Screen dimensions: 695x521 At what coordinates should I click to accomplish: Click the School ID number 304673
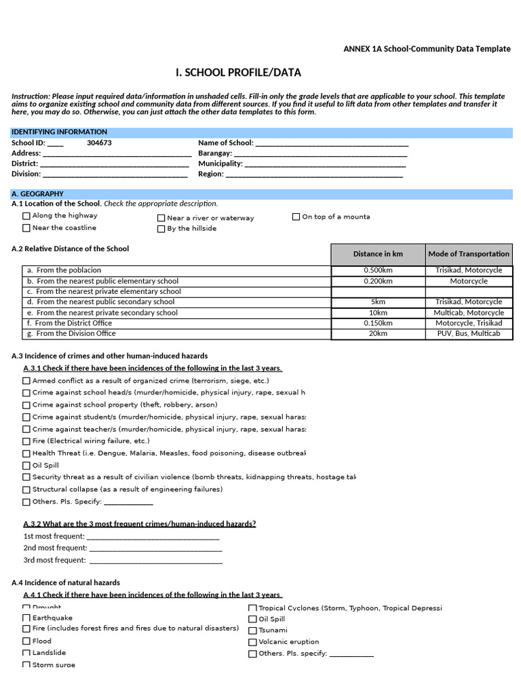click(x=99, y=143)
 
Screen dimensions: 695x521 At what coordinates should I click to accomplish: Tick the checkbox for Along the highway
click(x=26, y=216)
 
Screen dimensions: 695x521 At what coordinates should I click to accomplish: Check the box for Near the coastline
click(x=26, y=228)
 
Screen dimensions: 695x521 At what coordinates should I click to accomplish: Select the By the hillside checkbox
click(x=161, y=229)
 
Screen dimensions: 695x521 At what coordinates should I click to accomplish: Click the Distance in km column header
click(x=378, y=254)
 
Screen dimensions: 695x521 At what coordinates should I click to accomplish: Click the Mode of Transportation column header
click(x=469, y=254)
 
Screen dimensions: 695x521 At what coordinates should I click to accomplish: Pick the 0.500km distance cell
click(x=378, y=270)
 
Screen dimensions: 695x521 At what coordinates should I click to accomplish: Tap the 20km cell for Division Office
click(x=378, y=334)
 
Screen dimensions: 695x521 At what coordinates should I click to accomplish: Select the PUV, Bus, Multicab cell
click(x=469, y=334)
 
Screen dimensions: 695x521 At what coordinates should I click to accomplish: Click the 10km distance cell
click(x=378, y=313)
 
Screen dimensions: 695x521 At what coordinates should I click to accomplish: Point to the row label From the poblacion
click(x=69, y=270)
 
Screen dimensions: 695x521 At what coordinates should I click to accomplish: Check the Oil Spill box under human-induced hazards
click(x=26, y=466)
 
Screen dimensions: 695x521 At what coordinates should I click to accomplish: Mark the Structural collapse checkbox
click(x=26, y=489)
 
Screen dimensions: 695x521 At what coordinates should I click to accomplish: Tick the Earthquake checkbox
click(x=26, y=618)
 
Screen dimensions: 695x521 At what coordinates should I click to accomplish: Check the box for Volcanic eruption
click(x=252, y=642)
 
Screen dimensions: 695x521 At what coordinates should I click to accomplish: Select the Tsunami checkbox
click(x=252, y=631)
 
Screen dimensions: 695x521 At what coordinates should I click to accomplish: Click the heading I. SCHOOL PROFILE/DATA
click(x=238, y=73)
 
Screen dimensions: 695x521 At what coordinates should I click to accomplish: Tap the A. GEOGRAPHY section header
click(x=38, y=194)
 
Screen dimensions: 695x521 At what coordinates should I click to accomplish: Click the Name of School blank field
click(x=332, y=143)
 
